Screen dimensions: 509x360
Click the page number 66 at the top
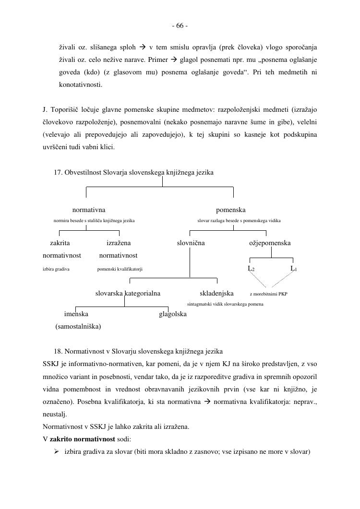180,26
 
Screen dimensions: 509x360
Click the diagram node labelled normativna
89,210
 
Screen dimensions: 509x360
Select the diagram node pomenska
230,210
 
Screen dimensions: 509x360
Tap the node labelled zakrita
60,243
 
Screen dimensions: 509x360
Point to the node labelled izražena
119,243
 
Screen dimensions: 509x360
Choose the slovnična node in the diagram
191,243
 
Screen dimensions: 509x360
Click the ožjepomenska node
269,243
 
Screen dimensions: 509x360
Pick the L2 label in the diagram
251,269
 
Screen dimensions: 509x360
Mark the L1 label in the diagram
294,269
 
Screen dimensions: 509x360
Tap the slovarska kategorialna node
128,293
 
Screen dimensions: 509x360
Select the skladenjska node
216,293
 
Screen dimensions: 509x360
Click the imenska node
76,314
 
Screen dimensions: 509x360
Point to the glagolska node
173,314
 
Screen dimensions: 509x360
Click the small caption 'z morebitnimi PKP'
268,294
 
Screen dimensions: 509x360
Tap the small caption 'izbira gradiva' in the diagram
56,269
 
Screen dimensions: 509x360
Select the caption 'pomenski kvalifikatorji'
120,269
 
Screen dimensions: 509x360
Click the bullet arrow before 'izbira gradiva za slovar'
56,451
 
